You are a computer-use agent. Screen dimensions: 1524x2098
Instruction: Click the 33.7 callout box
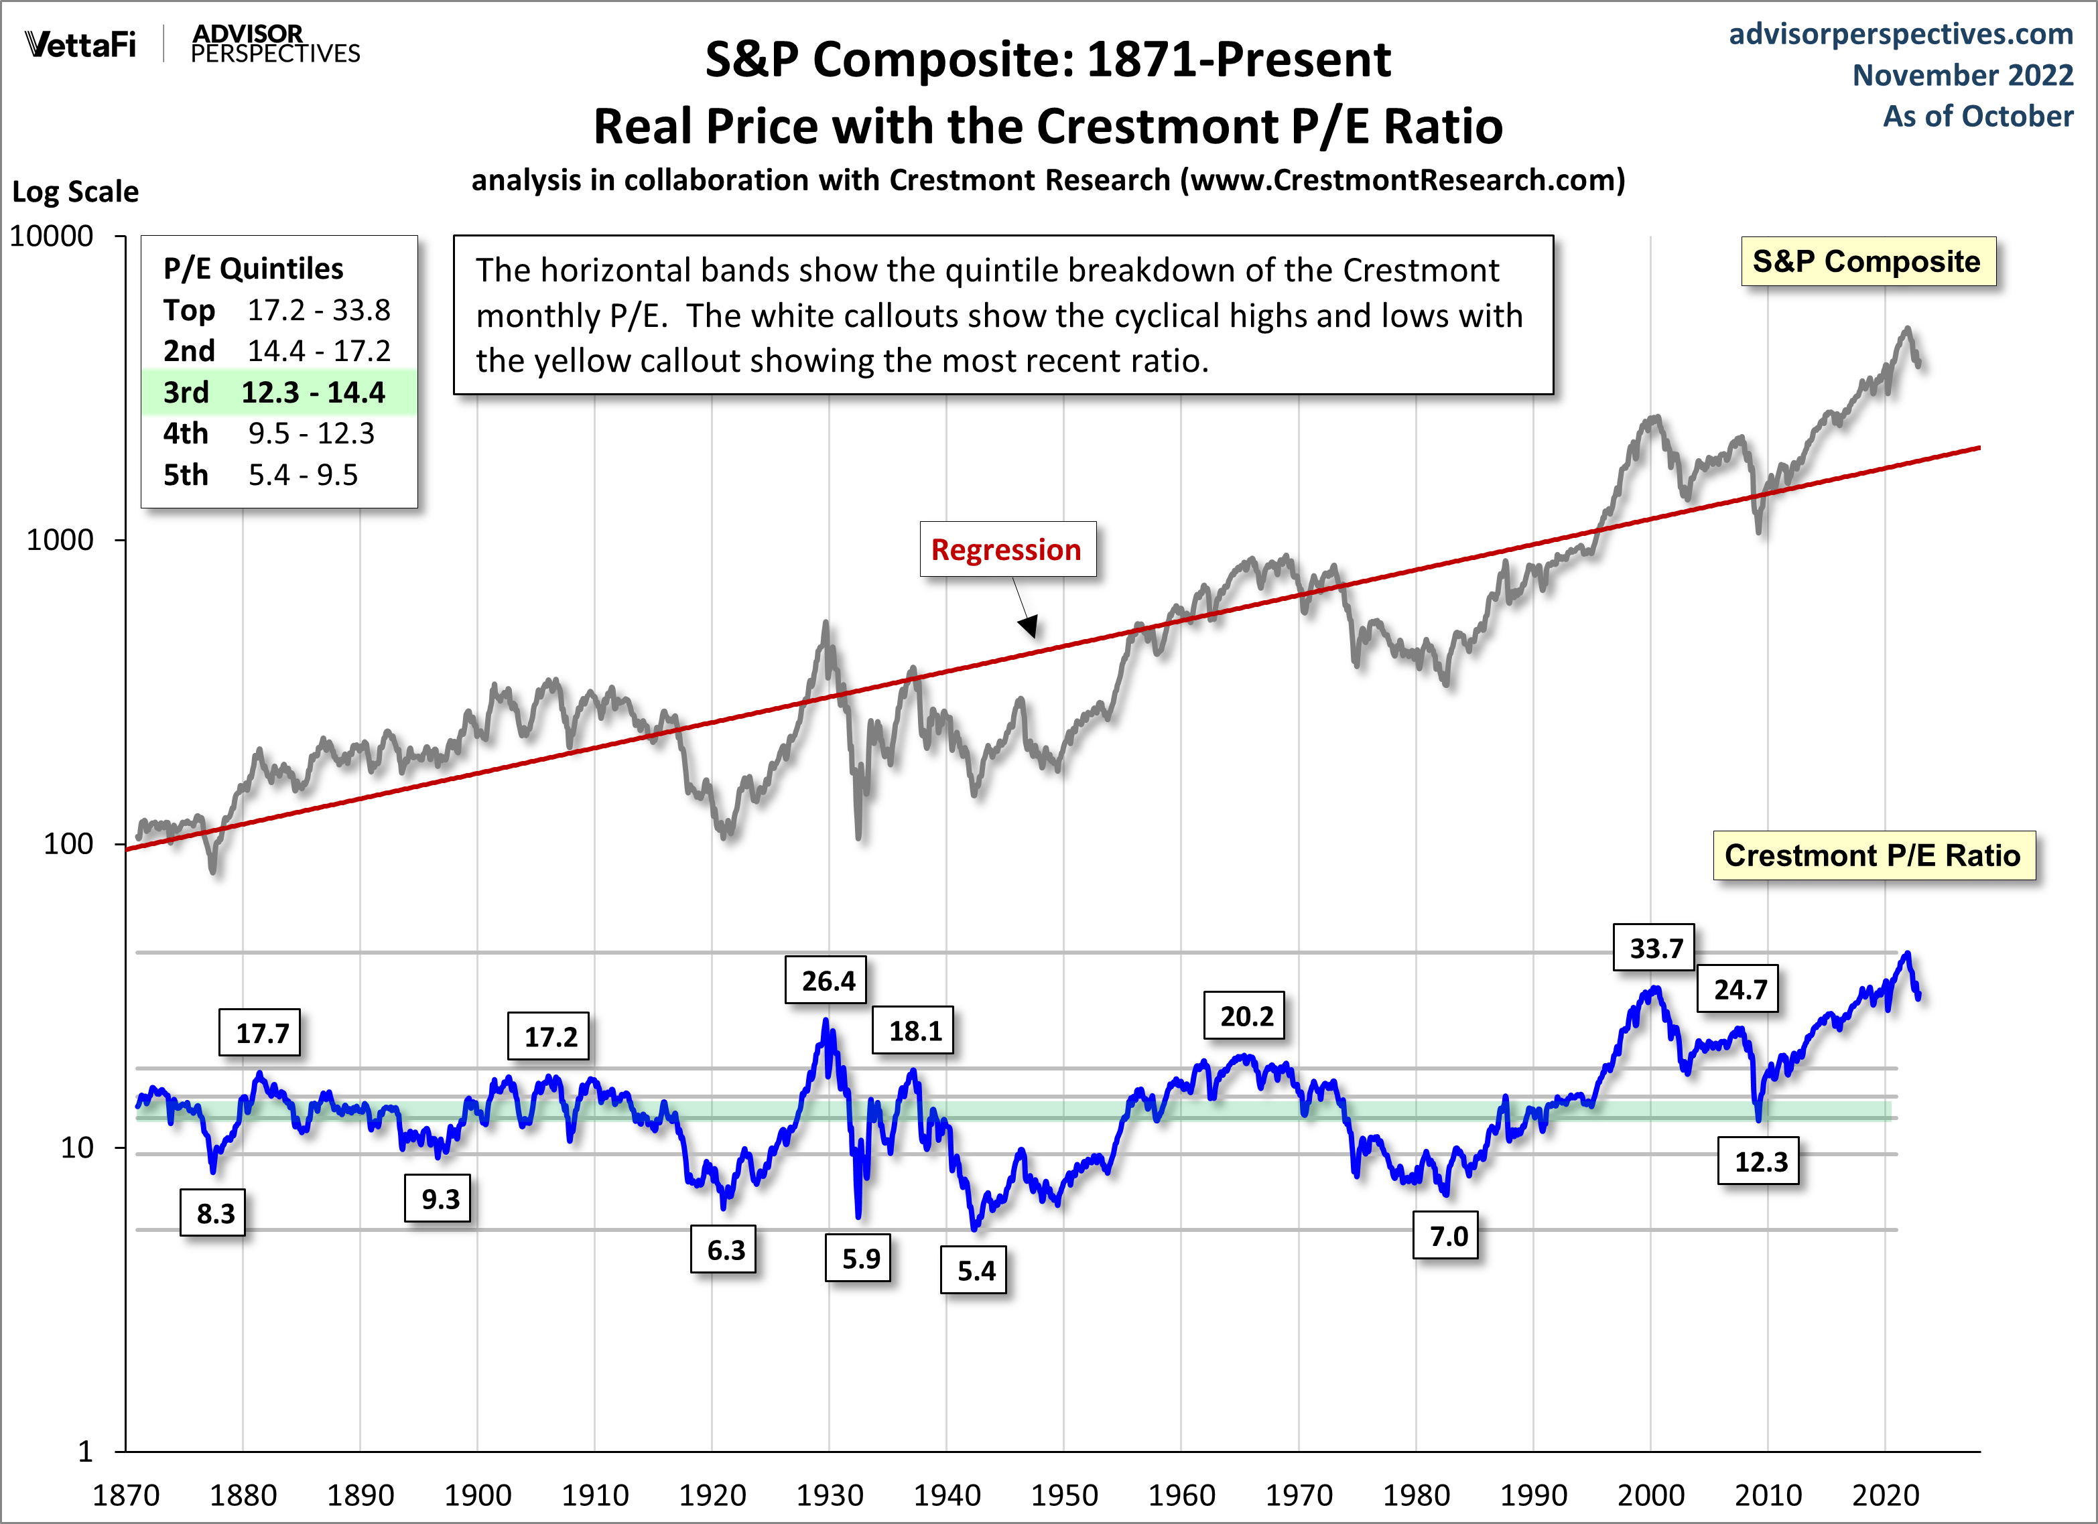(1654, 948)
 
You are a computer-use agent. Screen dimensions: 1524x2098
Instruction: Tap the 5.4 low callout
(975, 1271)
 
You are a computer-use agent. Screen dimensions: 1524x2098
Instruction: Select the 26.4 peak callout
(827, 980)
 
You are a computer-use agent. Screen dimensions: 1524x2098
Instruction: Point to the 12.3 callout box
(1760, 1162)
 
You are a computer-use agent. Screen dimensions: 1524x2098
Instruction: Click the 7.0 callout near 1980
(1447, 1235)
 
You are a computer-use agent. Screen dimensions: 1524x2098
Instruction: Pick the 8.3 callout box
(214, 1213)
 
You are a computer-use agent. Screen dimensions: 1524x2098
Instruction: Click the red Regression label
(1006, 549)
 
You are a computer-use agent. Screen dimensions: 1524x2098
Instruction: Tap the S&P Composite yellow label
(1867, 262)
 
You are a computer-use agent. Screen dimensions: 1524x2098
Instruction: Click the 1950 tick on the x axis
(1064, 1495)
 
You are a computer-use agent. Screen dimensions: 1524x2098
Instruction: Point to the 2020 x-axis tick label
(1885, 1495)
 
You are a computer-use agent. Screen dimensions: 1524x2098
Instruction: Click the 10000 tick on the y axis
(52, 236)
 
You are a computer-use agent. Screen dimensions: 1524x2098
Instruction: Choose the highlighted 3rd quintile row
(277, 392)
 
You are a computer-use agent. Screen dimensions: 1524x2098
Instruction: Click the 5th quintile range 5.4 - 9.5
(302, 474)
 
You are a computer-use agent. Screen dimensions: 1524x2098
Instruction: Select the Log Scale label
(75, 192)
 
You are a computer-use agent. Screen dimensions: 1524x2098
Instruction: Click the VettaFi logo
(80, 44)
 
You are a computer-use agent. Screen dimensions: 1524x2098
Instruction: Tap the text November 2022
(1962, 75)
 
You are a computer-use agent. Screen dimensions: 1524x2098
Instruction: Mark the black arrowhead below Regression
(1029, 628)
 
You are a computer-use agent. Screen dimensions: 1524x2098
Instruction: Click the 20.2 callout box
(1245, 1016)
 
